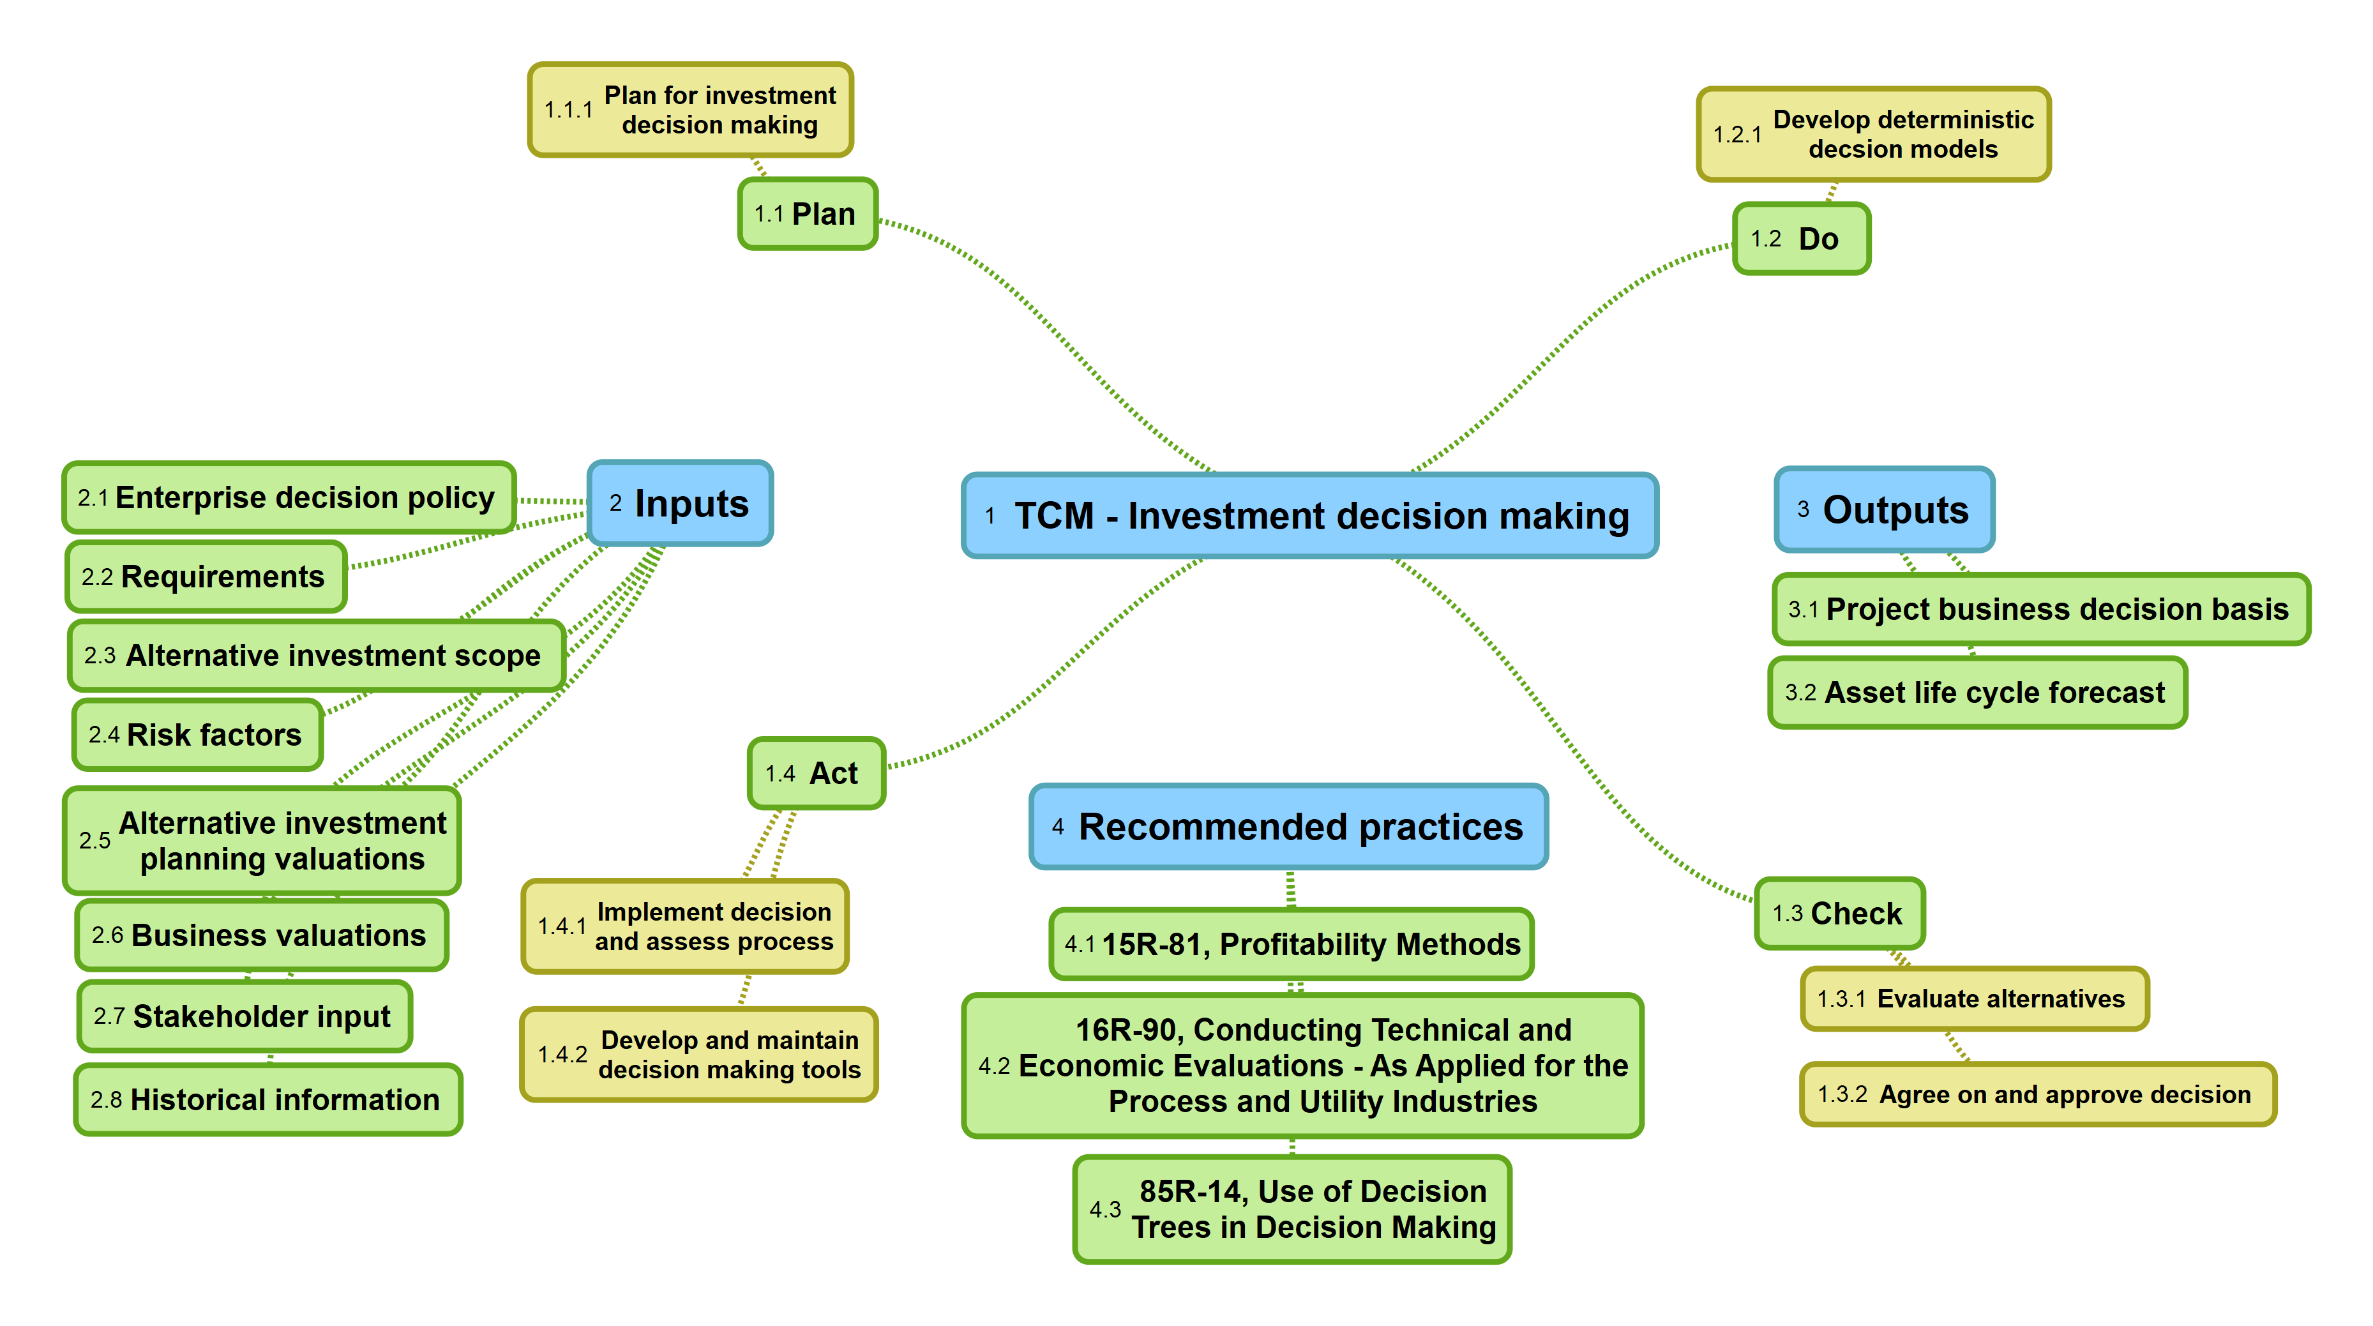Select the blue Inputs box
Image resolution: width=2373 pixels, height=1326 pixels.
[x=680, y=503]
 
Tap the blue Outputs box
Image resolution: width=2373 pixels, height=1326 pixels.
[x=1884, y=509]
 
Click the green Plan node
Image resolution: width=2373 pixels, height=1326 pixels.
[x=807, y=214]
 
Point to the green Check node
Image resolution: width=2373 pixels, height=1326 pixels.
[x=1839, y=913]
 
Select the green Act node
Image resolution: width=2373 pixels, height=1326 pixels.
[x=815, y=773]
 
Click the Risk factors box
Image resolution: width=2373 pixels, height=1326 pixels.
[x=197, y=734]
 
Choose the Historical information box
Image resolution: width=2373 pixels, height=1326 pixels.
[x=267, y=1099]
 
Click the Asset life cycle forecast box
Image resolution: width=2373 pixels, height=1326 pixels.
[x=1977, y=692]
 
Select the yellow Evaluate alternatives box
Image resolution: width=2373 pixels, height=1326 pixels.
[x=1974, y=999]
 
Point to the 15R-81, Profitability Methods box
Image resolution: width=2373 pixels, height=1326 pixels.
[x=1291, y=944]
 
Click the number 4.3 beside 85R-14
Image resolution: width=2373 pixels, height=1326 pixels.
[x=1104, y=1209]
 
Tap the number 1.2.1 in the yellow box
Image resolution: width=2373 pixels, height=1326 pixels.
[x=1736, y=135]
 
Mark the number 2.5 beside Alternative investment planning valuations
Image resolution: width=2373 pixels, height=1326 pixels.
[x=94, y=840]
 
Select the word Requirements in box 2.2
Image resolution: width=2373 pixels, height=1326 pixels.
[x=223, y=577]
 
